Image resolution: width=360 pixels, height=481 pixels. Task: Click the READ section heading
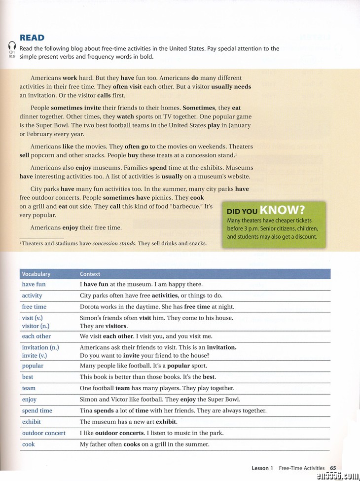tap(32, 38)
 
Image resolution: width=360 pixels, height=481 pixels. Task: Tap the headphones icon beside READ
tap(12, 45)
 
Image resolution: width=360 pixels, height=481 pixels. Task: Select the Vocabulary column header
tap(36, 274)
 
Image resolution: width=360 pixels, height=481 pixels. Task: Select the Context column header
tap(90, 274)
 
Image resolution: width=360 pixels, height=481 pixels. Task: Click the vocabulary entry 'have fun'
tap(34, 284)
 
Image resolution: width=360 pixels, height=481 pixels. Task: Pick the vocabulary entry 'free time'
tap(34, 306)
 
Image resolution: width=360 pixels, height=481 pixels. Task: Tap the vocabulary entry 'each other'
tap(36, 336)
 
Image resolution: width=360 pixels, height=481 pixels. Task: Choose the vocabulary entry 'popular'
tap(33, 366)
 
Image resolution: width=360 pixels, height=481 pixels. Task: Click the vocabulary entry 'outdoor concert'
tap(43, 433)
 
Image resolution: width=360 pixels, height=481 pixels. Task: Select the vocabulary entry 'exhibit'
tap(31, 422)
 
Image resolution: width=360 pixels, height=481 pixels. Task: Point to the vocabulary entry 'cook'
tap(28, 444)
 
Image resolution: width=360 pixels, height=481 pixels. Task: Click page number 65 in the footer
tap(333, 468)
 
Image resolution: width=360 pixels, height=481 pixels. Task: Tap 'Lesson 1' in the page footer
tap(262, 468)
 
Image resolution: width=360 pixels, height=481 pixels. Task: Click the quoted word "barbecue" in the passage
tap(180, 206)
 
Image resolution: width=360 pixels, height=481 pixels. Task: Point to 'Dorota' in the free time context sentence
tap(89, 306)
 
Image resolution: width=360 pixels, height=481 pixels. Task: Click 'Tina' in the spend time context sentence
tap(86, 410)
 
